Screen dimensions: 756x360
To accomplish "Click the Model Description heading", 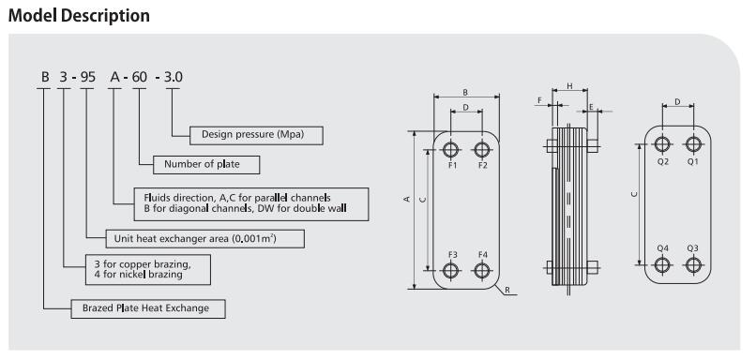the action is click(x=79, y=15).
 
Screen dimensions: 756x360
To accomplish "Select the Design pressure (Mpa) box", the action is click(x=256, y=135).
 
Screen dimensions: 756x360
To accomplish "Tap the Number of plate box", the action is click(x=206, y=165).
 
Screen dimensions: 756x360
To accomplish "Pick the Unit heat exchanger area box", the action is click(x=204, y=239).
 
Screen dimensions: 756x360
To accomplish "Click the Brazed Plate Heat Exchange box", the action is click(x=148, y=309).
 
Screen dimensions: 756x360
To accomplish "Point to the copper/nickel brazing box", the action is click(x=147, y=269).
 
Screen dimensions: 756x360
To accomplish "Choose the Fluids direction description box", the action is click(x=251, y=204).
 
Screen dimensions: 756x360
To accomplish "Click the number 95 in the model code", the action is click(x=88, y=77).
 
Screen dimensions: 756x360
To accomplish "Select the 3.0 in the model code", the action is click(x=174, y=77).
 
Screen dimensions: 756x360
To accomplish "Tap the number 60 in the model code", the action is click(x=140, y=77).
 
